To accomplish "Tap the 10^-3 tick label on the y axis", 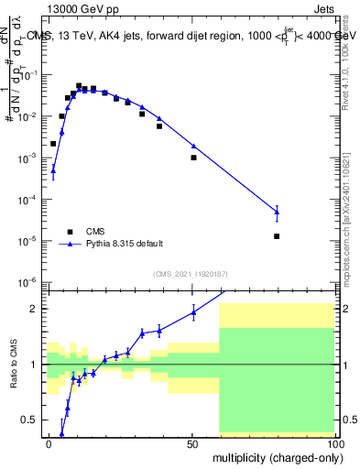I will pos(33,158).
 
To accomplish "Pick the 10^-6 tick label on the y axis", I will pos(33,282).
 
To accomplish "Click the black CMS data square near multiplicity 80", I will pos(277,236).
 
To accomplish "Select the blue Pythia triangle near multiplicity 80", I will pos(277,212).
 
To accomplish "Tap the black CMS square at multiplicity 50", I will pos(193,158).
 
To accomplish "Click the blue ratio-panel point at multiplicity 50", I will pos(193,312).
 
